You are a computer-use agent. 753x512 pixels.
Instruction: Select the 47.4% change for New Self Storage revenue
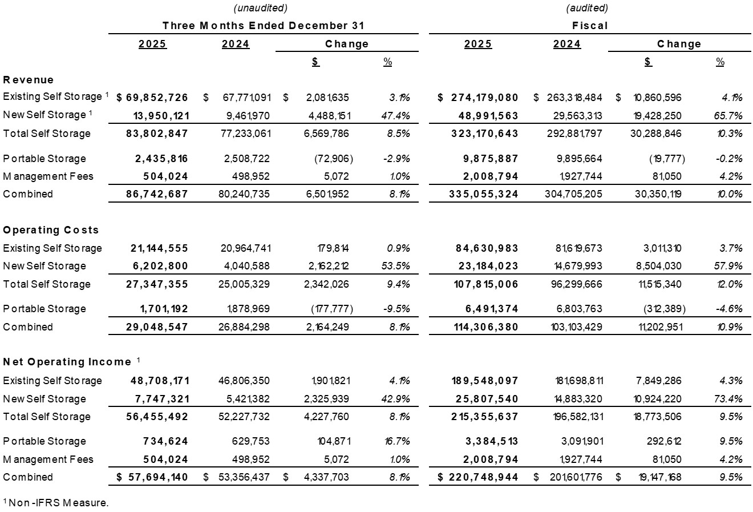[x=395, y=115]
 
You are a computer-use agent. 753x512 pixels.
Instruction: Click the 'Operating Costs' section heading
[x=51, y=230]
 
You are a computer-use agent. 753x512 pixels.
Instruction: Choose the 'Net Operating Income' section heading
[x=67, y=362]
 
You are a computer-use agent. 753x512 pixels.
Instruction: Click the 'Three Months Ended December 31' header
[x=263, y=26]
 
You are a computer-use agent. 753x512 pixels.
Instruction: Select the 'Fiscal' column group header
[x=590, y=26]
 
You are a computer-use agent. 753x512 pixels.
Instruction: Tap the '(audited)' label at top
[x=587, y=8]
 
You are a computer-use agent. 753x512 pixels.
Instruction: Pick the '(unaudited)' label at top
[x=260, y=8]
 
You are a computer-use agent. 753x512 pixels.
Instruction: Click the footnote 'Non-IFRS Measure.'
[x=58, y=503]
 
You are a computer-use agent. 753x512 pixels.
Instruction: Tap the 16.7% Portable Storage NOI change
[x=395, y=441]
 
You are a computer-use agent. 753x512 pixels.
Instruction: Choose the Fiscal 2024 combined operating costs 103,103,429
[x=568, y=327]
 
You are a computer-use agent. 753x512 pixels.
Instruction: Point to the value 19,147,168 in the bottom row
[x=657, y=477]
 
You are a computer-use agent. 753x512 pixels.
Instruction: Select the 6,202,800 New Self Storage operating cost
[x=157, y=266]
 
